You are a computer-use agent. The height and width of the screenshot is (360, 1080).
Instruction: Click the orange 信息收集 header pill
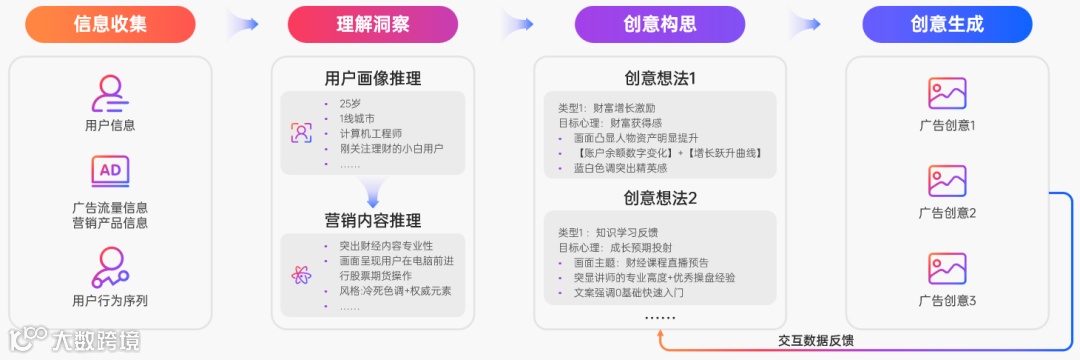coord(110,24)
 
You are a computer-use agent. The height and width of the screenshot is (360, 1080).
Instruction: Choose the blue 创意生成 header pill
coord(947,24)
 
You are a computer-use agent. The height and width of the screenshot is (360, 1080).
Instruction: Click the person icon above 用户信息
coord(109,93)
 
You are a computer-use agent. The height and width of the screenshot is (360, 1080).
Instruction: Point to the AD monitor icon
coord(109,172)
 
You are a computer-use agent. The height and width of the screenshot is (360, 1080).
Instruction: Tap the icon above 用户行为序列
coord(109,266)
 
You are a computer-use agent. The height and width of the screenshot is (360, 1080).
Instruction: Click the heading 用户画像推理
coord(373,78)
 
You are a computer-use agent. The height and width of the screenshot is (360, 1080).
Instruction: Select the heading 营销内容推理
coord(373,220)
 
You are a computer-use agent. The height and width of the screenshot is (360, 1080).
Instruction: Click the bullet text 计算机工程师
coord(370,133)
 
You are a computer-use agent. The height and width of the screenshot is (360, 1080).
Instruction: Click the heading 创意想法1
coord(660,78)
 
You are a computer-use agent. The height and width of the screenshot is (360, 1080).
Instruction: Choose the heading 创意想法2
coord(660,198)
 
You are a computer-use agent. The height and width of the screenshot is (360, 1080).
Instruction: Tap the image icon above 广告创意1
coord(947,93)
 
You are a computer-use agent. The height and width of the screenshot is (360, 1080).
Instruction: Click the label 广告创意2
coord(947,213)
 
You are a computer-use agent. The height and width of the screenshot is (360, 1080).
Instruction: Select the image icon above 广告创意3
coord(947,268)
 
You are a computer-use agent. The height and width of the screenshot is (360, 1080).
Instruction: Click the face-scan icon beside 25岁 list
coord(301,132)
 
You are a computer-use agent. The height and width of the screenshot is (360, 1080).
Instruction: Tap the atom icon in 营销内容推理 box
coord(301,275)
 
